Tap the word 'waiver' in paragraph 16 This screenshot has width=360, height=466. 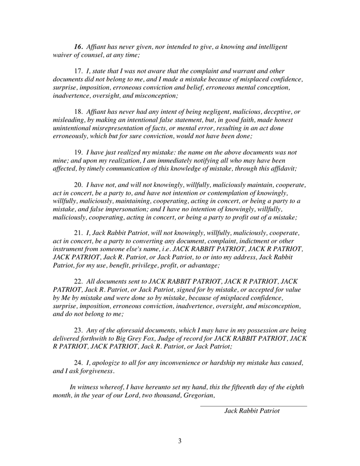click(x=63, y=55)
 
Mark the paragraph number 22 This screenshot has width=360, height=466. click(x=79, y=282)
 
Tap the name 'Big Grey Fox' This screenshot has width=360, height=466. click(x=133, y=339)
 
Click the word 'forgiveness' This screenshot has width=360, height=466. click(x=95, y=371)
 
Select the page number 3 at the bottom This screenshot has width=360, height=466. click(x=180, y=442)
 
